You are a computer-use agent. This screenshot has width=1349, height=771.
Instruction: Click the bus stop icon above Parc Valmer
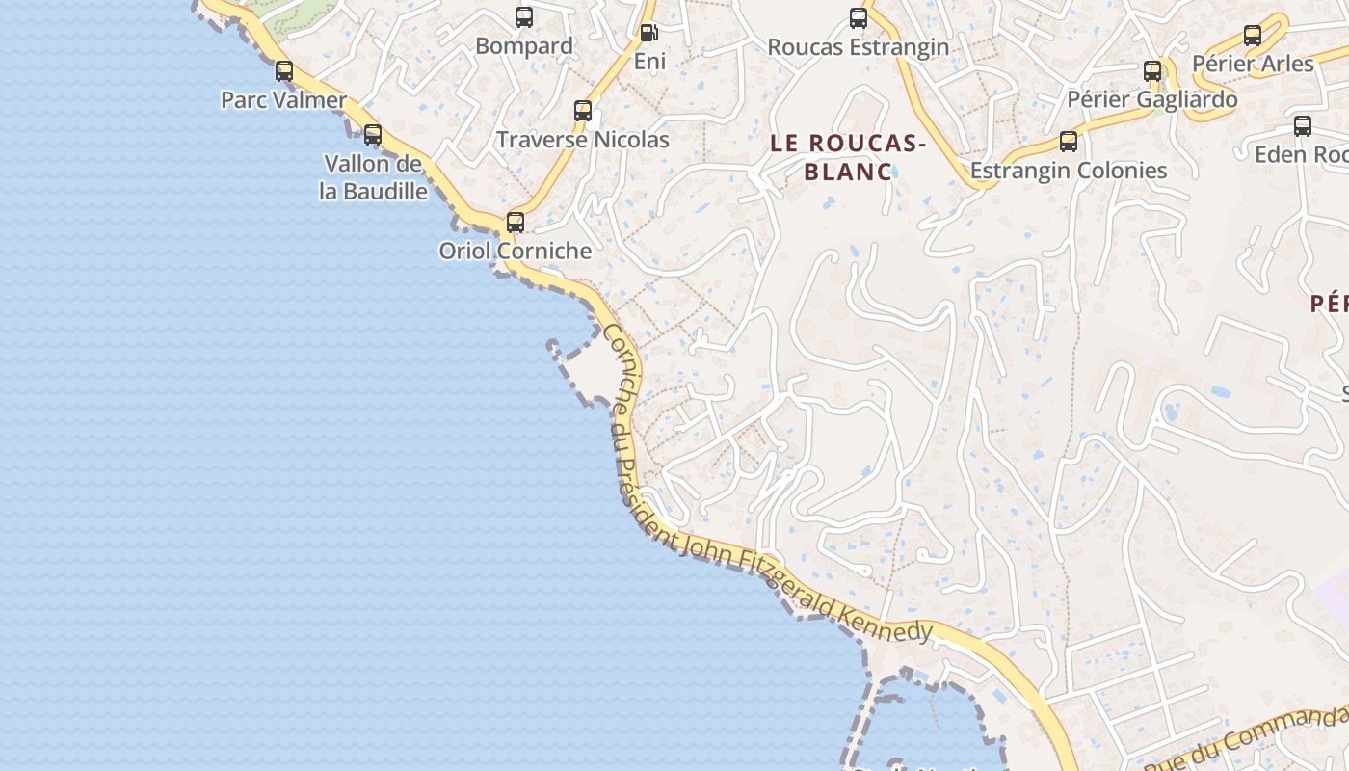(284, 70)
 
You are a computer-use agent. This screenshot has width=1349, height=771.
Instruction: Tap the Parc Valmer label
(283, 100)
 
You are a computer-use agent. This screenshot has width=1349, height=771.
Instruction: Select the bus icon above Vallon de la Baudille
(373, 135)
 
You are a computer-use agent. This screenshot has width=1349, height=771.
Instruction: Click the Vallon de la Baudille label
(373, 177)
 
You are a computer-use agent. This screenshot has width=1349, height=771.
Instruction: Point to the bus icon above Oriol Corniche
(516, 223)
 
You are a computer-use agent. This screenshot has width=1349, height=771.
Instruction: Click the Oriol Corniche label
(516, 251)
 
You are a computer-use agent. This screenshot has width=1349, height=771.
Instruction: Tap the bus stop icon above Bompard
(524, 17)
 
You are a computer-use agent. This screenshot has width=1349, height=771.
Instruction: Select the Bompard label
(524, 46)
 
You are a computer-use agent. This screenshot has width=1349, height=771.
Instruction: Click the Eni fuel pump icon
(649, 33)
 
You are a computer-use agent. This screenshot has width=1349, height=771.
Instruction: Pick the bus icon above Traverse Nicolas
(583, 111)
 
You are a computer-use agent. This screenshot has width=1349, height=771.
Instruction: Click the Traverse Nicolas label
(582, 140)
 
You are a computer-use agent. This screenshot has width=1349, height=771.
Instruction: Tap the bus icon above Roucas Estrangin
(859, 18)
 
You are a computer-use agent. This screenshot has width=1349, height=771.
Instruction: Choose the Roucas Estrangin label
(858, 47)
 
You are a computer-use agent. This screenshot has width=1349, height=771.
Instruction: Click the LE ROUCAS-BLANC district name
(848, 157)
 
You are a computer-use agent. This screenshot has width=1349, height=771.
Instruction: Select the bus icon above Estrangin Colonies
(1069, 142)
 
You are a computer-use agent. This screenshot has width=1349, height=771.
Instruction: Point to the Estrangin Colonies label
(1069, 171)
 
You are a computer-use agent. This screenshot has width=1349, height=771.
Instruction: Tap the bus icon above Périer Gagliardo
(1152, 71)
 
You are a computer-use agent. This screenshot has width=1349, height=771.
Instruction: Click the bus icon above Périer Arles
(1253, 37)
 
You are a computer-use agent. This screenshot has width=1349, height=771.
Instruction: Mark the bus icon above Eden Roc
(1303, 126)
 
